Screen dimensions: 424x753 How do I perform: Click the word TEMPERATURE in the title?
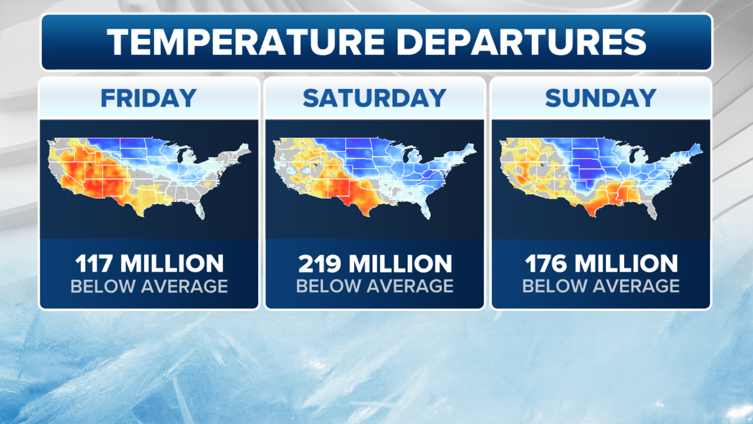tap(246, 42)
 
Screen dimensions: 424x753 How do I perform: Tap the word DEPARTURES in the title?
tap(521, 42)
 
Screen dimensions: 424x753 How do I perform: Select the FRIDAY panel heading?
tap(149, 98)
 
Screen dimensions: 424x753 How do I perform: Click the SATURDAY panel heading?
tap(375, 98)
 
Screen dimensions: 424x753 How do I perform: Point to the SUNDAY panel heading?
tap(600, 98)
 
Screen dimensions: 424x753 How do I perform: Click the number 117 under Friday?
tap(94, 263)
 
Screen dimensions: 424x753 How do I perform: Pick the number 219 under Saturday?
tap(320, 263)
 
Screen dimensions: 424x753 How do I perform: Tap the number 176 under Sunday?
tap(546, 263)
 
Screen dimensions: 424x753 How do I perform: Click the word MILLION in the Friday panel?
tap(172, 263)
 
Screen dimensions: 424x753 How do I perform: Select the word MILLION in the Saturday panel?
tap(400, 263)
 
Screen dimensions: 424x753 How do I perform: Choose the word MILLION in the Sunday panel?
tap(626, 263)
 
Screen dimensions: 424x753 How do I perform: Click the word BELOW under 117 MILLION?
tap(103, 286)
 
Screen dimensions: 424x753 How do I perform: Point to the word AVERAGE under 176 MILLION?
tap(636, 286)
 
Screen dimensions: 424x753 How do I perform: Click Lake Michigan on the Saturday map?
tap(406, 155)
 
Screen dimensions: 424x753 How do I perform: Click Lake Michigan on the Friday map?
tap(180, 155)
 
